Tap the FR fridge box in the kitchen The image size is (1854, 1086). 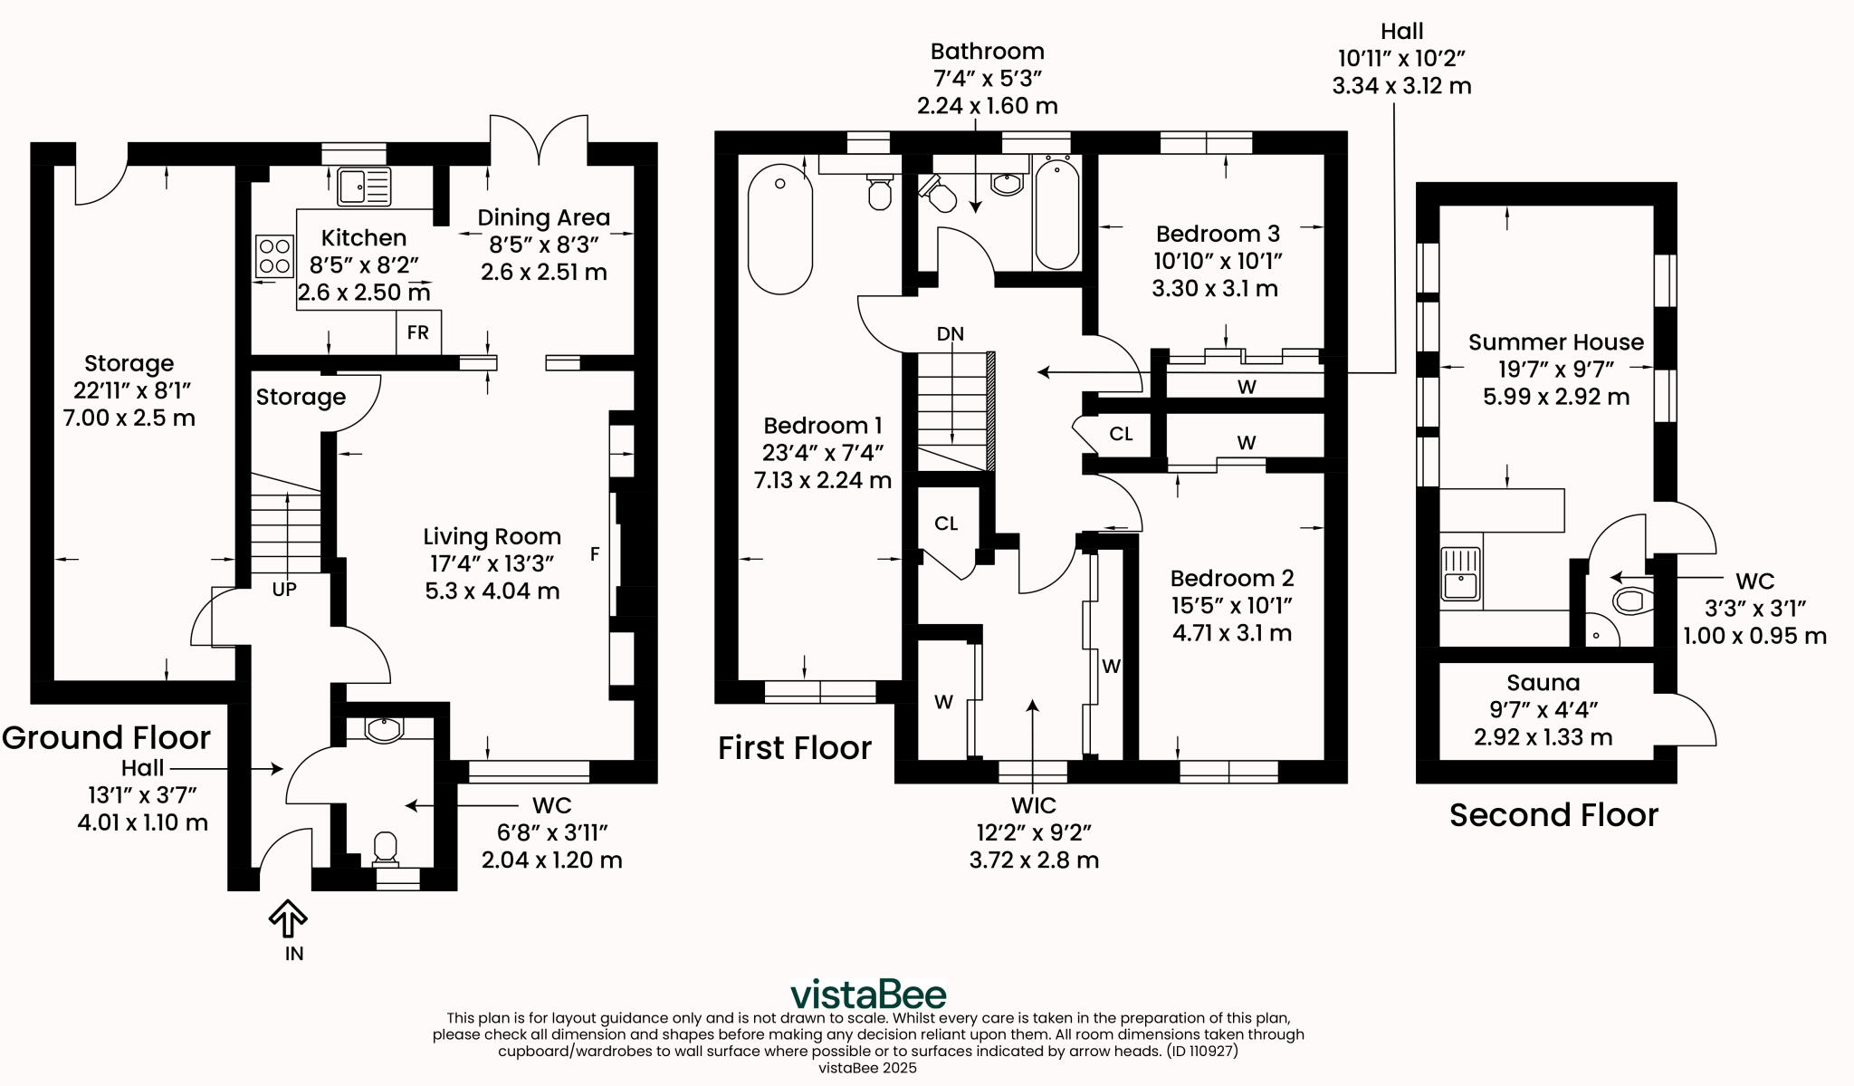418,332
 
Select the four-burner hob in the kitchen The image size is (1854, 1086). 274,255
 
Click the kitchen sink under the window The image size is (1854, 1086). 364,187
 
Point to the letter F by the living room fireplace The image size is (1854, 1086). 595,553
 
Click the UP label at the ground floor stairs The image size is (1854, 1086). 284,589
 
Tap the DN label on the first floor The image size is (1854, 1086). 950,333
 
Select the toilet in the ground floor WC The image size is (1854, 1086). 386,848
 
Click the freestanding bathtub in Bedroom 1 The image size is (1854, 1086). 780,228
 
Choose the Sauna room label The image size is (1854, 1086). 1543,683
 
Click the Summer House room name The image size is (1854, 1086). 1555,342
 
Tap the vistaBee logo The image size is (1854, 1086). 868,994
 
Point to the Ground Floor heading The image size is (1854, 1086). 106,737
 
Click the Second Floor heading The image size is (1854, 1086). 1553,815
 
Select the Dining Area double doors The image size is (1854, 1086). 539,140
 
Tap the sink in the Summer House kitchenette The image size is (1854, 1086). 1461,573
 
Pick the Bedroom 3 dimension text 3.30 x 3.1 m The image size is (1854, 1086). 1214,289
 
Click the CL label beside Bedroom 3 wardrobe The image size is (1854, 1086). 1121,434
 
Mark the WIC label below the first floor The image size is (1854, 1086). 1033,805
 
